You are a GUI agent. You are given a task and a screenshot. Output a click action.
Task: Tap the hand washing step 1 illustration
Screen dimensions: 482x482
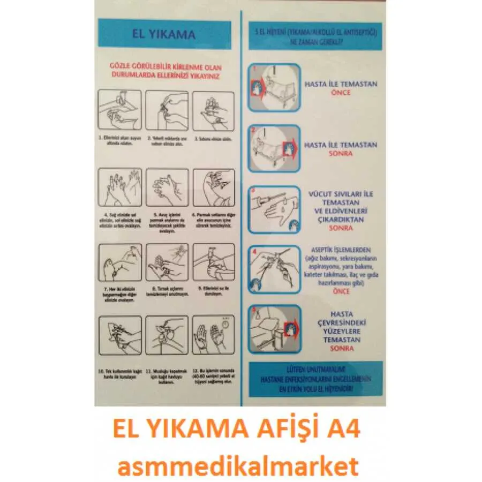pyautogui.click(x=120, y=110)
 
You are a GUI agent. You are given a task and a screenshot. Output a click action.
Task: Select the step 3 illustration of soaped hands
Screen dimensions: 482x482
pyautogui.click(x=213, y=110)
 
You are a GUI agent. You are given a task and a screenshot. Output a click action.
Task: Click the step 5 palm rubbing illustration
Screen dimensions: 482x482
pyautogui.click(x=167, y=187)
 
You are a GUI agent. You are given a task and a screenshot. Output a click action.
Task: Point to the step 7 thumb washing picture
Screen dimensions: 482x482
pyautogui.click(x=120, y=262)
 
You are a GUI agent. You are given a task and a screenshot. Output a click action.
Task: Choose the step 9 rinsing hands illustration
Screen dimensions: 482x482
pyautogui.click(x=213, y=262)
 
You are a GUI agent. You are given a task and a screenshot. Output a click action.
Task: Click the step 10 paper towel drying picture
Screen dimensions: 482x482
pyautogui.click(x=120, y=335)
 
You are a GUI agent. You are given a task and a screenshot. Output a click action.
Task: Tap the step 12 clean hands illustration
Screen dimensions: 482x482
pyautogui.click(x=213, y=335)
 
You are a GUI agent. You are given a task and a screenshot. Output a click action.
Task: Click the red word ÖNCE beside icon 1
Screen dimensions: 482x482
pyautogui.click(x=341, y=93)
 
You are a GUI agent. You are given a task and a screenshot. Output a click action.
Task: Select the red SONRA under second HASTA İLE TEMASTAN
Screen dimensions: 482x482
pyautogui.click(x=341, y=154)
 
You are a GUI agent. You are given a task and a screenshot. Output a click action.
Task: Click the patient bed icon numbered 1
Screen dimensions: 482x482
pyautogui.click(x=274, y=87)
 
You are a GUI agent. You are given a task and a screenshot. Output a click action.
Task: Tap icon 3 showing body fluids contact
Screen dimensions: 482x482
pyautogui.click(x=274, y=209)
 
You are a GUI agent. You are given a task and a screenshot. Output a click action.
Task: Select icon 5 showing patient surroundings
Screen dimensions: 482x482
pyautogui.click(x=274, y=328)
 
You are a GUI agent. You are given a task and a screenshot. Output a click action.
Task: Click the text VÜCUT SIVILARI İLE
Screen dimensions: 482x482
pyautogui.click(x=341, y=194)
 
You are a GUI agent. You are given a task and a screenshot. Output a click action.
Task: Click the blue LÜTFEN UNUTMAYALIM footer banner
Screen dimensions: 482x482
pyautogui.click(x=315, y=378)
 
